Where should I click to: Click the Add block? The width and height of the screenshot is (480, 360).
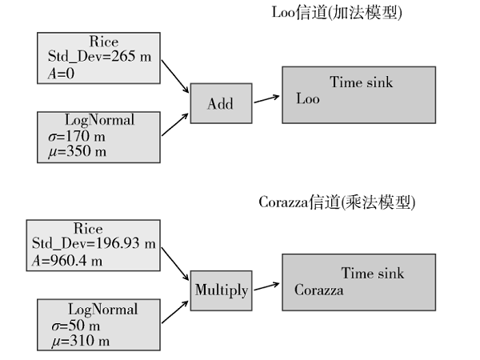[x=220, y=103]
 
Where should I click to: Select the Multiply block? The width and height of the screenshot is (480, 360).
[x=222, y=290]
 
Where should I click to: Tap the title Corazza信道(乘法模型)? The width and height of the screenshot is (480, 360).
[x=337, y=202]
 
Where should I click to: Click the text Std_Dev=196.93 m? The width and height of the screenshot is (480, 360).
[x=94, y=243]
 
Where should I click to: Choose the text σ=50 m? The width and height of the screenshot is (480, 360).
[x=74, y=326]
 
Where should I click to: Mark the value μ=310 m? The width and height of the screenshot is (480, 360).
[x=78, y=341]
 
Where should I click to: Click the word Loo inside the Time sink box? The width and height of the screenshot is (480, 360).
[x=308, y=100]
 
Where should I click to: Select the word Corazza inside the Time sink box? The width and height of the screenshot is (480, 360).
[x=318, y=290]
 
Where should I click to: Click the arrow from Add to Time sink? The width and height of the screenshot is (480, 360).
[x=266, y=99]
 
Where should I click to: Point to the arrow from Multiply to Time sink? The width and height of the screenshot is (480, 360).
[x=266, y=286]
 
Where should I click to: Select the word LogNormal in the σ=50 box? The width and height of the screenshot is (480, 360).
[x=103, y=310]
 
